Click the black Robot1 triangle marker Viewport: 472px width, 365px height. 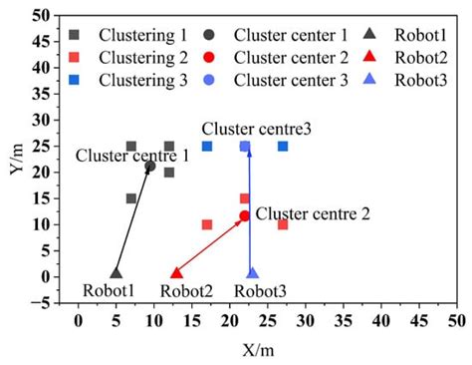coord(116,272)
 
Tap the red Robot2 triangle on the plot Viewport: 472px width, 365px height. coord(177,272)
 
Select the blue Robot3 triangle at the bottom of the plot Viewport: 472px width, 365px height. coord(252,272)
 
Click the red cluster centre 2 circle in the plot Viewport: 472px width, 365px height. coord(244,215)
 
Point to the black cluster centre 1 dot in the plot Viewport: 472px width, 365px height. coord(150,166)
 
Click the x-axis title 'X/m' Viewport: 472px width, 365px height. coord(265,348)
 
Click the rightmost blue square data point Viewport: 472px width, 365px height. coord(283,147)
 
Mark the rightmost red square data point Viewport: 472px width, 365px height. coord(283,224)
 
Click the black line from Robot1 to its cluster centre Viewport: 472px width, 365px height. coord(133,218)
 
